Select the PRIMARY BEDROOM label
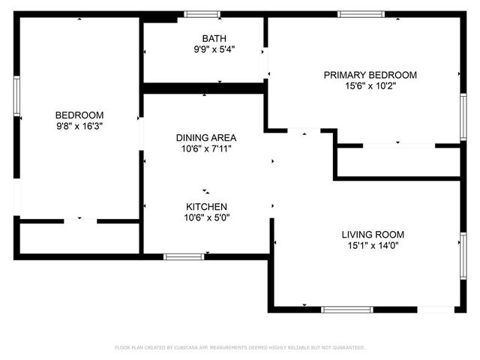370,75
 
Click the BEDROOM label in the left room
79,115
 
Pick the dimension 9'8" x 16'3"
79,127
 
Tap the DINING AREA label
206,137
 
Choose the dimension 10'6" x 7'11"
206,148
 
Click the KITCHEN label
206,206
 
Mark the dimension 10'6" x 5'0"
206,217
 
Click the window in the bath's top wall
202,14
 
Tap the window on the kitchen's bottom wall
184,256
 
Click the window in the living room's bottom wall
346,309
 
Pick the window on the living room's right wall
463,256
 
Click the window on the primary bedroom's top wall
361,14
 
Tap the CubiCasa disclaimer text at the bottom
240,348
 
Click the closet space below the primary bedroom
397,161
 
